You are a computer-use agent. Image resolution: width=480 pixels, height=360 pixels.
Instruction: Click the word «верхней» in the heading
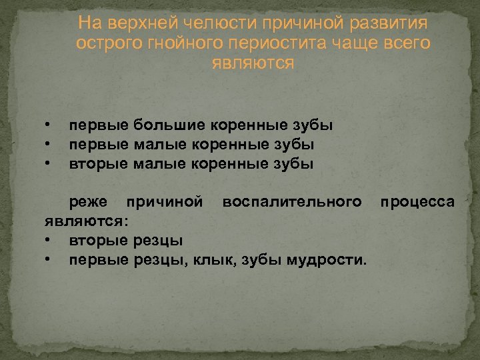(x=131, y=23)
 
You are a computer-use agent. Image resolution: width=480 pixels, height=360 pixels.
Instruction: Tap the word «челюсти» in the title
(x=198, y=23)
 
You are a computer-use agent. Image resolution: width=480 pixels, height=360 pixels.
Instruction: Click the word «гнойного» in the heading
(x=179, y=43)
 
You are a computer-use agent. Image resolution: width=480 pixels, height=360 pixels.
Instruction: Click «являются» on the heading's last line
(x=253, y=63)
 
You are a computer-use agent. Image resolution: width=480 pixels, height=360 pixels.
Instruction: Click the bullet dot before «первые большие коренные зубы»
(x=49, y=125)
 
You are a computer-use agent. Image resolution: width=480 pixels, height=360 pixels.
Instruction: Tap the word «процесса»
(x=417, y=202)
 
